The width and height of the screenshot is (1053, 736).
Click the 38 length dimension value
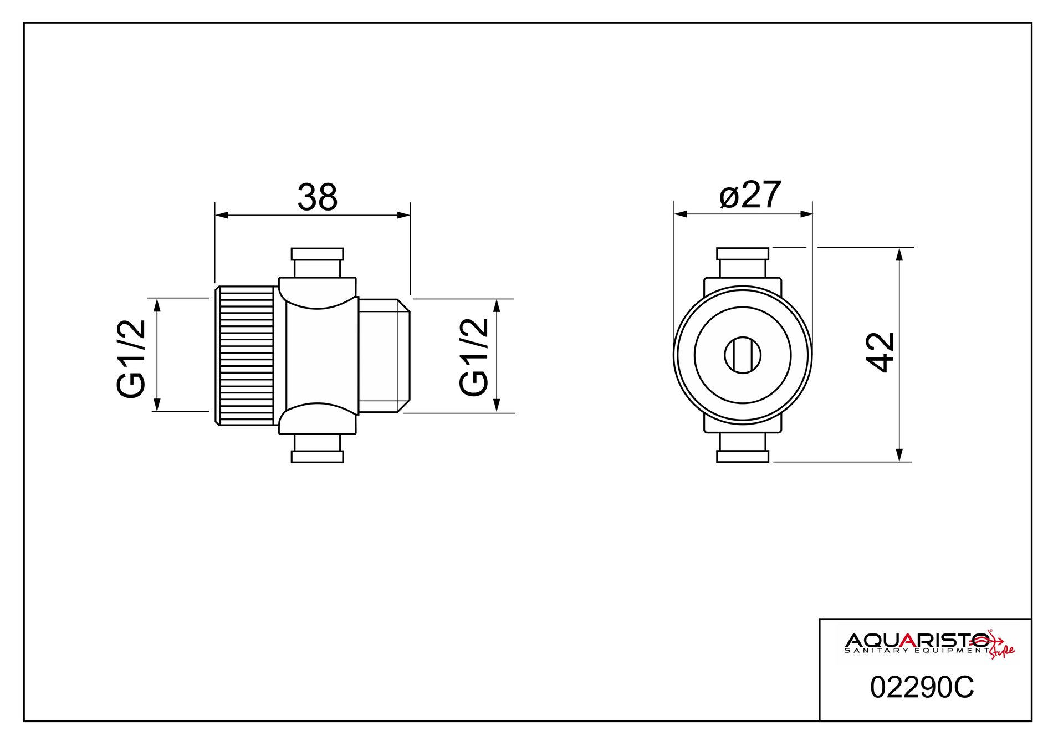point(317,197)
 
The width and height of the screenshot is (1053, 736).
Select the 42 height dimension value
point(880,352)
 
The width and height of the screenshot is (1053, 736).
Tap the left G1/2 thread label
point(131,359)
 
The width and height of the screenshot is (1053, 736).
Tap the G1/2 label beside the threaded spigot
point(474,357)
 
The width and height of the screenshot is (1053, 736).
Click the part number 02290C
point(922,688)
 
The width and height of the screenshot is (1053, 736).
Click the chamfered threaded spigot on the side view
point(384,355)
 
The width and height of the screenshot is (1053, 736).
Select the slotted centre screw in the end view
point(743,355)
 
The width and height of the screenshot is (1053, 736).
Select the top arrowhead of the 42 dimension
point(899,254)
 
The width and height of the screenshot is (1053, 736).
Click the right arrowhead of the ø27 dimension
point(806,214)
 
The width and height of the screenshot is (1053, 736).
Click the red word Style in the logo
point(1003,651)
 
